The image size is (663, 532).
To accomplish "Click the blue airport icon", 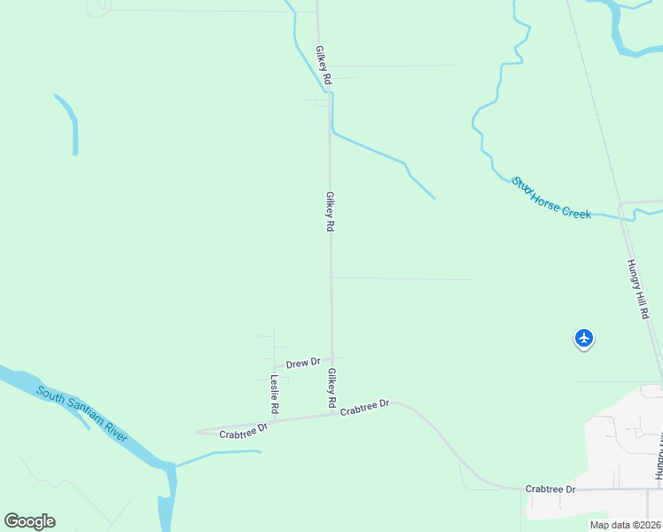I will coord(583,338).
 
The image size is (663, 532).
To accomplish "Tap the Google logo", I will coord(29,521).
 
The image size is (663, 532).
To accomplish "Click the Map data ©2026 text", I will coord(626,525).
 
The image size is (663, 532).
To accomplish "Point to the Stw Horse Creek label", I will coord(550,199).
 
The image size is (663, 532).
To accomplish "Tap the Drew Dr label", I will coord(302,363).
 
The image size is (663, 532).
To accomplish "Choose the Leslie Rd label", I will coord(275,395).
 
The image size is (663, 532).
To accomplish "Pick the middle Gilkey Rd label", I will coord(330,212).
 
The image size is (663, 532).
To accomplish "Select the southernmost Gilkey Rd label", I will coord(332,388).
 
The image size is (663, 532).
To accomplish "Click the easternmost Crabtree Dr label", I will coord(550,489).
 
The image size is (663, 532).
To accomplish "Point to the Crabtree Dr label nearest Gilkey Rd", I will coord(364,407).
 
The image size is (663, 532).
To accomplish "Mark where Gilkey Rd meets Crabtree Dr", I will coord(333,413).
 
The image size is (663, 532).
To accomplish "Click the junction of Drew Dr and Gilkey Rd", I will coord(332,358).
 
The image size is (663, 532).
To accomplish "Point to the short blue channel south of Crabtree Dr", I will coord(217,457).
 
